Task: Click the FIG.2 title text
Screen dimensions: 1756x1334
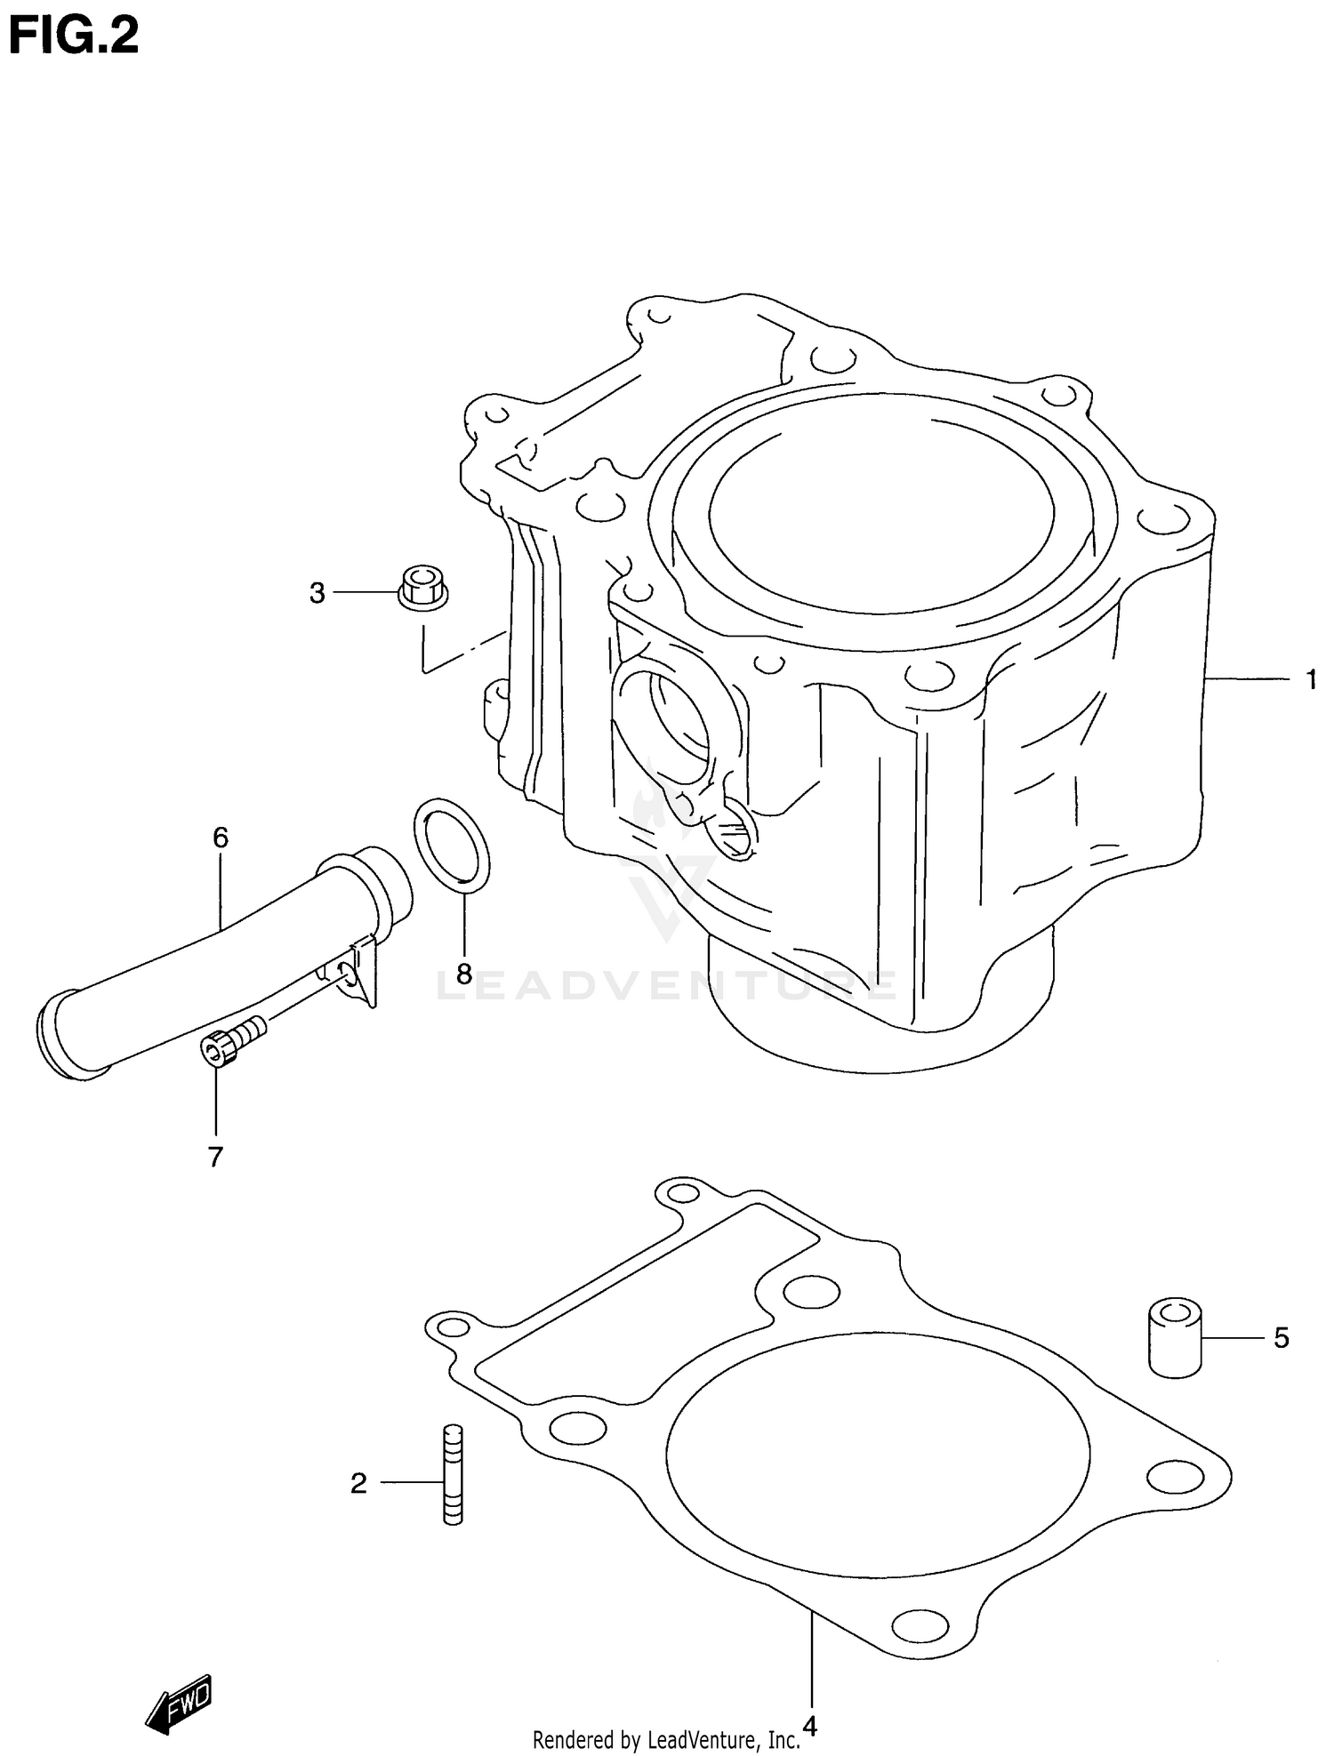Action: [73, 37]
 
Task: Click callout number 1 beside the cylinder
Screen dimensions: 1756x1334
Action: [1311, 680]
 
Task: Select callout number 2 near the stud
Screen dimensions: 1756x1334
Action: [358, 1483]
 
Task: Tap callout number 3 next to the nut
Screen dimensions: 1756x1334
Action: [317, 593]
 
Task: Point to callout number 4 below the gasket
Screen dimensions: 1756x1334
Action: [809, 1727]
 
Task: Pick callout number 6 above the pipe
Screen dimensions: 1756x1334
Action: [221, 837]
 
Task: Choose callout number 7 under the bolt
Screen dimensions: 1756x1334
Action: [215, 1157]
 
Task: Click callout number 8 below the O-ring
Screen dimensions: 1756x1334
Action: [463, 974]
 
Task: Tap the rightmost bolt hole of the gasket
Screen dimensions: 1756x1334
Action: [1174, 1478]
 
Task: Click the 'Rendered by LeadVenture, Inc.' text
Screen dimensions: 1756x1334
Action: [666, 1739]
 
